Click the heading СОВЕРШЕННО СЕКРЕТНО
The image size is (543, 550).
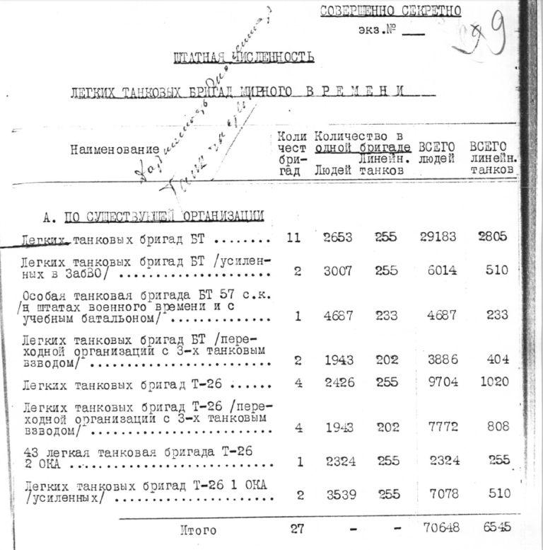tap(390, 11)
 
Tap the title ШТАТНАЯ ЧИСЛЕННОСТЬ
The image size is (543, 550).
tap(244, 57)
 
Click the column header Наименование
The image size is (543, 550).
tap(115, 149)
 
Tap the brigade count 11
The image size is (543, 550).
tap(293, 238)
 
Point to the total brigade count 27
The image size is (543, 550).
tap(298, 528)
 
